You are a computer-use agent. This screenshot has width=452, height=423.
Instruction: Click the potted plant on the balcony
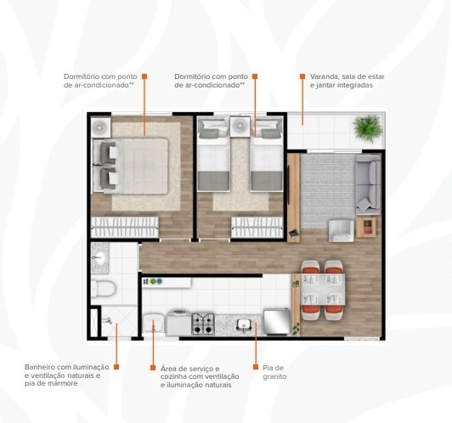click(x=368, y=128)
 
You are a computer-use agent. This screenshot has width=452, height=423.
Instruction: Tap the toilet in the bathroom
click(x=104, y=288)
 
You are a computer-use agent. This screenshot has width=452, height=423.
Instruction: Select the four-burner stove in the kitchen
click(x=203, y=324)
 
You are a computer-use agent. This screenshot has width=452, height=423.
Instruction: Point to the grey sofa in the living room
click(x=368, y=185)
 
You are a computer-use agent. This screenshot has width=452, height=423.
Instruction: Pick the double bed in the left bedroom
click(x=130, y=166)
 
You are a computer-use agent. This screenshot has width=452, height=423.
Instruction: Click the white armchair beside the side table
click(x=342, y=231)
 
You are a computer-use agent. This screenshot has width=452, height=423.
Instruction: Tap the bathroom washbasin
click(x=99, y=258)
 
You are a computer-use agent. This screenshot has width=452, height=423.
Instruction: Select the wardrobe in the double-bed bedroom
click(x=125, y=228)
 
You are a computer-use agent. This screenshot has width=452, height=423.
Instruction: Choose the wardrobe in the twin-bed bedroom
click(x=257, y=228)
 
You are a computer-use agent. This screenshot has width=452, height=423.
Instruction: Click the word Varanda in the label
click(x=324, y=76)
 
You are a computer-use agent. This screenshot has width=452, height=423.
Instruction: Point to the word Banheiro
click(x=40, y=367)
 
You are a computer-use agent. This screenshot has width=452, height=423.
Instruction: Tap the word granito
click(x=274, y=376)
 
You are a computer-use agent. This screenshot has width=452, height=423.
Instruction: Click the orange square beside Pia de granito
click(x=256, y=367)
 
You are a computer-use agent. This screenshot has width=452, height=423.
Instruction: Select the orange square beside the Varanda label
click(x=302, y=76)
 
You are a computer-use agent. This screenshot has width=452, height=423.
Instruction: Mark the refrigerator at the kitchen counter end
click(x=277, y=322)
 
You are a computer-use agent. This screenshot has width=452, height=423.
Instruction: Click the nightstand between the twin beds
click(x=240, y=127)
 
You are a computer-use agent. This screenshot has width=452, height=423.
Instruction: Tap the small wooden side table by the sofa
click(x=366, y=227)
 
